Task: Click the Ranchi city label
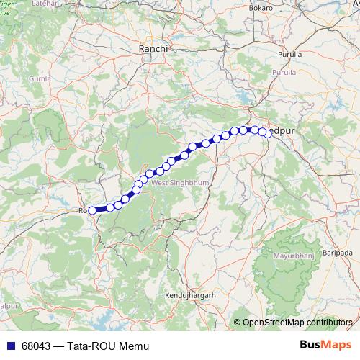pyautogui.click(x=153, y=48)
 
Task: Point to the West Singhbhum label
pyautogui.click(x=180, y=184)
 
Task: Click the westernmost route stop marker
pyautogui.click(x=92, y=210)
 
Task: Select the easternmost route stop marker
pyautogui.click(x=269, y=133)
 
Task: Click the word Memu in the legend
pyautogui.click(x=138, y=347)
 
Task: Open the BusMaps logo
pyautogui.click(x=325, y=346)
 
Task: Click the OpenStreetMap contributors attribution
pyautogui.click(x=298, y=322)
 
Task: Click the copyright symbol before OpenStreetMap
pyautogui.click(x=238, y=323)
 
